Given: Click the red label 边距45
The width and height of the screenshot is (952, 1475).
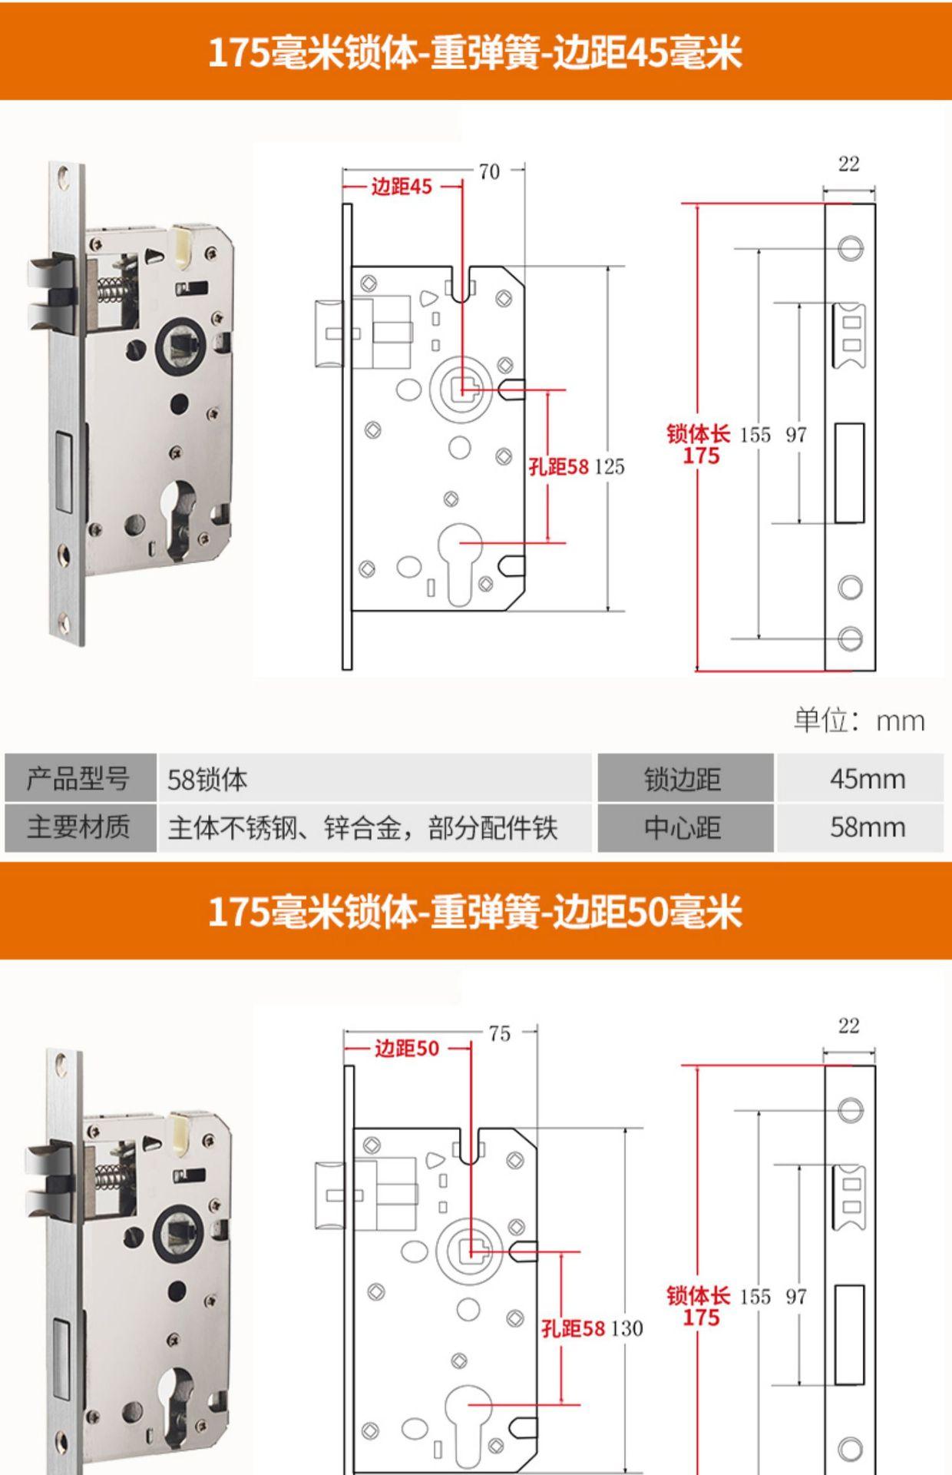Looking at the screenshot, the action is pyautogui.click(x=402, y=187).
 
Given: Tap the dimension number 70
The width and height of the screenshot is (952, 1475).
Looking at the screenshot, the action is pyautogui.click(x=489, y=172).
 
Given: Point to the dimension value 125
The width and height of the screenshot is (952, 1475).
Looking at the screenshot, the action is pyautogui.click(x=610, y=466).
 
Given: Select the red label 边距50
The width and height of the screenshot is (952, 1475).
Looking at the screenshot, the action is pyautogui.click(x=406, y=1049).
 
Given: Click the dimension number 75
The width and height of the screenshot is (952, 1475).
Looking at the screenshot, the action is pyautogui.click(x=499, y=1034).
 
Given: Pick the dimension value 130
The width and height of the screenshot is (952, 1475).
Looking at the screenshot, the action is pyautogui.click(x=627, y=1328).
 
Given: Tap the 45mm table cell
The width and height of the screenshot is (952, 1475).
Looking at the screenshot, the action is pyautogui.click(x=867, y=779).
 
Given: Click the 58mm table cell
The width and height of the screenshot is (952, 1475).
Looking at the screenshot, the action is pyautogui.click(x=867, y=827).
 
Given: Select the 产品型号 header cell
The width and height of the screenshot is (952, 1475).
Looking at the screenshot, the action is pyautogui.click(x=78, y=779).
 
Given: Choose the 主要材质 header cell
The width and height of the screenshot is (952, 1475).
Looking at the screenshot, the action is pyautogui.click(x=78, y=827).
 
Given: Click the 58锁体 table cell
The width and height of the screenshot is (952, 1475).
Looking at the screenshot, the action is pyautogui.click(x=207, y=780).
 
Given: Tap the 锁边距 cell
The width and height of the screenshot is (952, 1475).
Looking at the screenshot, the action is pyautogui.click(x=683, y=779).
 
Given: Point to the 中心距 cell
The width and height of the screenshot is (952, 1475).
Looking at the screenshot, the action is pyautogui.click(x=683, y=827).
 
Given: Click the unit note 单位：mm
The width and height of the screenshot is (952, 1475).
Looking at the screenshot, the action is pyautogui.click(x=859, y=721).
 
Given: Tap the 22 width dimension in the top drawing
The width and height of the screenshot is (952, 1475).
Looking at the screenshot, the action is pyautogui.click(x=848, y=164).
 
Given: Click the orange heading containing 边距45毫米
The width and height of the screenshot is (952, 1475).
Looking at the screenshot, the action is pyautogui.click(x=476, y=52).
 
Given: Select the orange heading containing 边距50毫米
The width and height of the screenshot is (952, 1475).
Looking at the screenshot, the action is pyautogui.click(x=476, y=913).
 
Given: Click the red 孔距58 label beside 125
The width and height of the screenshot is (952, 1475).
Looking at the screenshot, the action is pyautogui.click(x=559, y=466).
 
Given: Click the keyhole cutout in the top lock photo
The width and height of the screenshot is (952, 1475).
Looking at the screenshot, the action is pyautogui.click(x=182, y=511).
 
